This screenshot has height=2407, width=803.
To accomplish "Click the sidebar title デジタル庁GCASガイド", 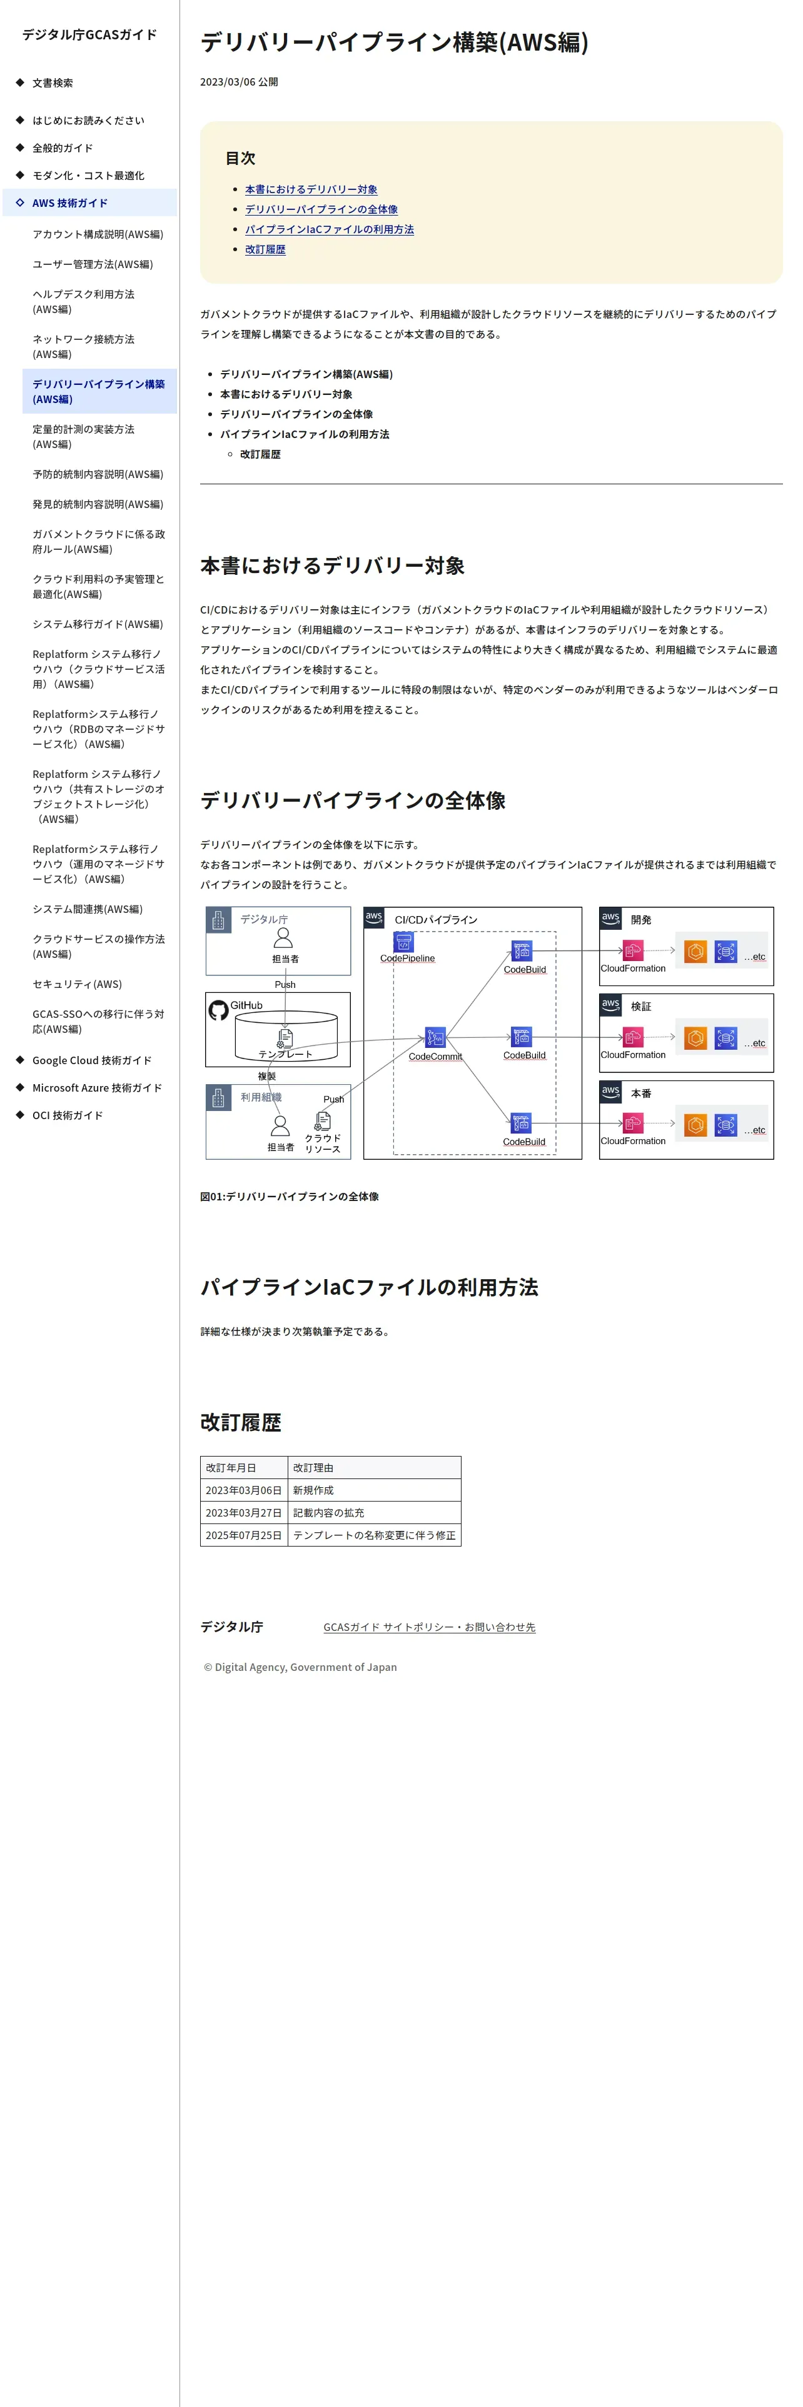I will (89, 34).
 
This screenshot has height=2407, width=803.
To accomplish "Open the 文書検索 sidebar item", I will (53, 83).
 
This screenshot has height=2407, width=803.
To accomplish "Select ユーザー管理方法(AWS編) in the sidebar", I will (93, 264).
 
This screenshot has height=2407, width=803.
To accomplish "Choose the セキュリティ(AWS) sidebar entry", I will (77, 984).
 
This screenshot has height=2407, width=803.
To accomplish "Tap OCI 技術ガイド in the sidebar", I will (68, 1115).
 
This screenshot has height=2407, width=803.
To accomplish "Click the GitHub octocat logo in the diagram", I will (219, 1010).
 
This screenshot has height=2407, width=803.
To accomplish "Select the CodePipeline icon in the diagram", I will (404, 942).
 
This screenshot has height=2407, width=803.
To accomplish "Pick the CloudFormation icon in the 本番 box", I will (633, 1123).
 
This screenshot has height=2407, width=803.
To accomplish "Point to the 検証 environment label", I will (640, 1006).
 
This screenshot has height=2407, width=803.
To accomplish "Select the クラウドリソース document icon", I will (323, 1120).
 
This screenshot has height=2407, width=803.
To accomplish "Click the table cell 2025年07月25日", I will (243, 1535).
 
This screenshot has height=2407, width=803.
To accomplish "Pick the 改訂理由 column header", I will (313, 1468).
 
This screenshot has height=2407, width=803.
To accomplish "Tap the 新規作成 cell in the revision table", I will (313, 1490).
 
